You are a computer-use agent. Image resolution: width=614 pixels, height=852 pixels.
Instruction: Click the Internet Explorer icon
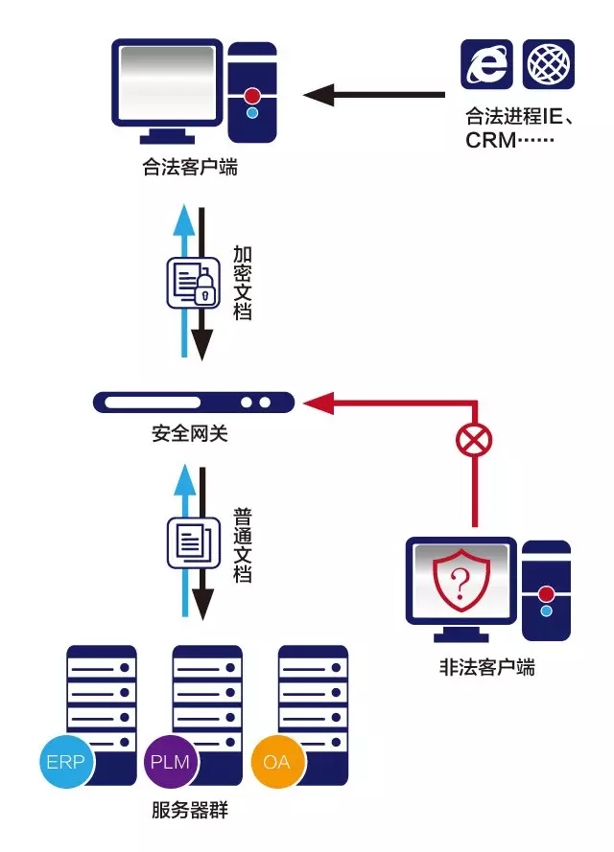(x=487, y=64)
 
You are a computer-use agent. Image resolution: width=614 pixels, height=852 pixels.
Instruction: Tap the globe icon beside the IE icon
(x=549, y=64)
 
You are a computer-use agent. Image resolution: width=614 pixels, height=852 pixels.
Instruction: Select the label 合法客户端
(x=190, y=169)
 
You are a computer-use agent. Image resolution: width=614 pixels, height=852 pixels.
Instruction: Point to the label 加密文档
(x=243, y=283)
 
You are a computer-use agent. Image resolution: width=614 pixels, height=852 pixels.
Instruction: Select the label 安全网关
(x=190, y=434)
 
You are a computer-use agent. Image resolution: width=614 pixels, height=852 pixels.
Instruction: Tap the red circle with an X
(x=473, y=442)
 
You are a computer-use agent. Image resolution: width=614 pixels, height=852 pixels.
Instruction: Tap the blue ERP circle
(x=65, y=763)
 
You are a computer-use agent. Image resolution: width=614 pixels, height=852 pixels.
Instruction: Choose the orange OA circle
(x=277, y=763)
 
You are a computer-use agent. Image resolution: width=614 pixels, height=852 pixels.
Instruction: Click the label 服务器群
(x=190, y=810)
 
